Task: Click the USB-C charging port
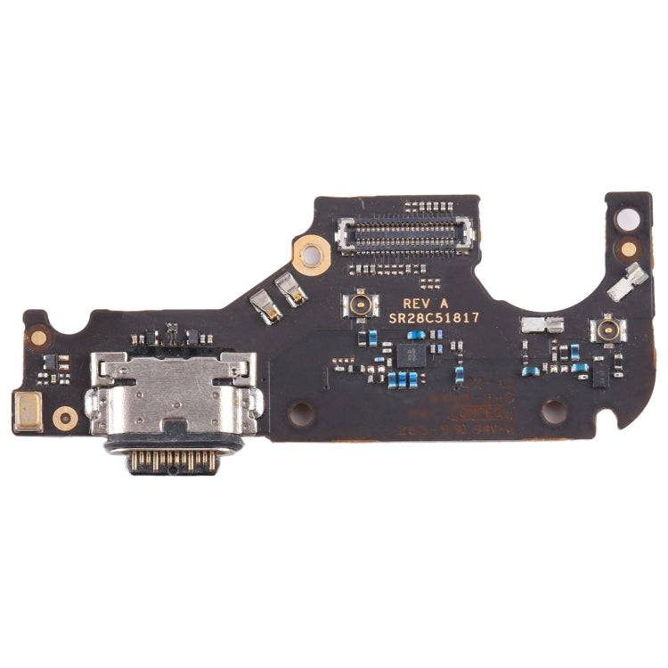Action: click(175, 401)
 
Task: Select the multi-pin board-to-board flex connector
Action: click(405, 237)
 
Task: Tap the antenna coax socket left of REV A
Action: click(361, 306)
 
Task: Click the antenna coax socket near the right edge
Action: click(608, 330)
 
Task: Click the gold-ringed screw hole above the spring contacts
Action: click(311, 257)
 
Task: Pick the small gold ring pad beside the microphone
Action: click(65, 417)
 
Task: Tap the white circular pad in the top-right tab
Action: click(630, 219)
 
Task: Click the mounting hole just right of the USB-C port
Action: click(300, 412)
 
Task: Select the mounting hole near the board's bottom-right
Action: click(554, 411)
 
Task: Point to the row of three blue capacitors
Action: click(404, 379)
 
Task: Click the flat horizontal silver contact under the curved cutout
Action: click(542, 325)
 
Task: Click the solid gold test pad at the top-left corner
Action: click(38, 337)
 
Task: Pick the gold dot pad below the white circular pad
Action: click(630, 249)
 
